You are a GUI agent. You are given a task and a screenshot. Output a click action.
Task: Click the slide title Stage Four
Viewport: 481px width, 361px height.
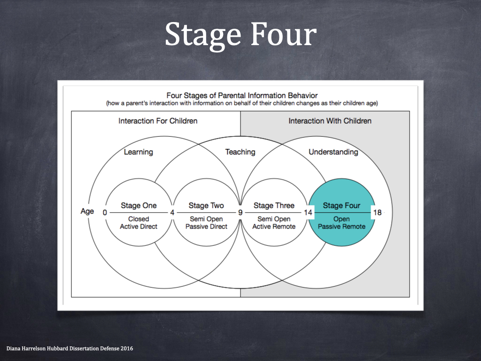tap(240, 34)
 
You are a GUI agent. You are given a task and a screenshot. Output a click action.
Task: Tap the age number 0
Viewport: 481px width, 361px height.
tap(105, 212)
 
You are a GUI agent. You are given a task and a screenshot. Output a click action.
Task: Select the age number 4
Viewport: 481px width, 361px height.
tap(172, 212)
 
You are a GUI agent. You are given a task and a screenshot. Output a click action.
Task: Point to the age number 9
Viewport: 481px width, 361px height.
tap(240, 212)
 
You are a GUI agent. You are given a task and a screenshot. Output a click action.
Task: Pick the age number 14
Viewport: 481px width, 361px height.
tap(308, 212)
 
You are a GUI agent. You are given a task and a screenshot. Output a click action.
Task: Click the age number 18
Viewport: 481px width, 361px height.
tap(377, 212)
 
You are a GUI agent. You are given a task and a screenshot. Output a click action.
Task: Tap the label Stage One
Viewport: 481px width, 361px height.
tap(139, 205)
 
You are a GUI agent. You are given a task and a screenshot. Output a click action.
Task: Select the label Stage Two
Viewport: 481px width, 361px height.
tap(206, 205)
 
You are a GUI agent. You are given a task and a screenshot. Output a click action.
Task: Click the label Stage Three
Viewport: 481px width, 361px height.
tap(274, 205)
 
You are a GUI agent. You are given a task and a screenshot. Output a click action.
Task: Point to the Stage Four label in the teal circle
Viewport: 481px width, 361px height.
tap(341, 205)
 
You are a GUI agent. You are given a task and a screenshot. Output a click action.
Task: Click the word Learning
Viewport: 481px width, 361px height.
tap(139, 152)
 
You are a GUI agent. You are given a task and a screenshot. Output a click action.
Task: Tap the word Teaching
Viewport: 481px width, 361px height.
tap(240, 152)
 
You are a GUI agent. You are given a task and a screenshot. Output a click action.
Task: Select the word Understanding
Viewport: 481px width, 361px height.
tap(333, 152)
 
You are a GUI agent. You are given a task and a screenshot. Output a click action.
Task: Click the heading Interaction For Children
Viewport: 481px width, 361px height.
tap(158, 121)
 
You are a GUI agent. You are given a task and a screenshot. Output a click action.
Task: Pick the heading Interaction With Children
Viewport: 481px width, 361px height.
tap(330, 121)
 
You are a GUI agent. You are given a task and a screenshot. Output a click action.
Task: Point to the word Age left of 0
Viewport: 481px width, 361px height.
tap(87, 212)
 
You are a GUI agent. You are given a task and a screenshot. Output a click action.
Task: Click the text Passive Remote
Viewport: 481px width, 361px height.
tap(341, 227)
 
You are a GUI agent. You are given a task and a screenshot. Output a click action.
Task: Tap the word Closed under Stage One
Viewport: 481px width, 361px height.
tap(139, 219)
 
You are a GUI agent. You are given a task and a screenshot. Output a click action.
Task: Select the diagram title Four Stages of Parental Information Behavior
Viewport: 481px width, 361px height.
tap(242, 95)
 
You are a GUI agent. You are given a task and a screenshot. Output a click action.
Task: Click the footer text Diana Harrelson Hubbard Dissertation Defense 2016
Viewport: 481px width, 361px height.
tap(70, 348)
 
